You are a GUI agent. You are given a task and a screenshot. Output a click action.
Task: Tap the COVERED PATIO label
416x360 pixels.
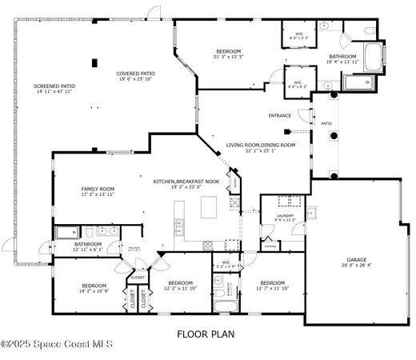[136, 73]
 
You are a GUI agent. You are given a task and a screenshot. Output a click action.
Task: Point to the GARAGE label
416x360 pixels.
[356, 259]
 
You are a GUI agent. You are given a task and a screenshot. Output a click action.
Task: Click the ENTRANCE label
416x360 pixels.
[280, 115]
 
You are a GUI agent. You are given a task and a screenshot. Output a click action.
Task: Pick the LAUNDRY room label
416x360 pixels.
[285, 215]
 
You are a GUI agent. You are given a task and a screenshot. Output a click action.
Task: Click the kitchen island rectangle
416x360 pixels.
[210, 208]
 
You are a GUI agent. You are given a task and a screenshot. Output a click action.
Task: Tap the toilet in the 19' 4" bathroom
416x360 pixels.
[370, 30]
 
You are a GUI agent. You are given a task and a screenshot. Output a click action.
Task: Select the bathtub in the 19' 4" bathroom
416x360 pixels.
[374, 55]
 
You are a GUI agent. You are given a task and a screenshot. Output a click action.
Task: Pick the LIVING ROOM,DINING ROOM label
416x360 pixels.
[260, 145]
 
